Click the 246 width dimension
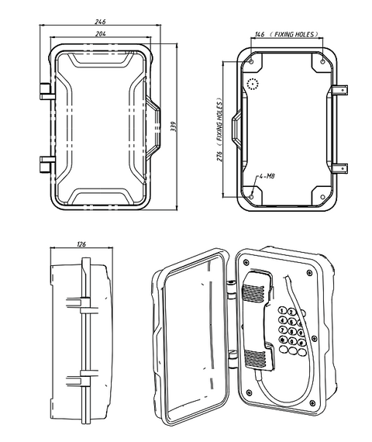pyautogui.click(x=100, y=22)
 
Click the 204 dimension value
pyautogui.click(x=101, y=33)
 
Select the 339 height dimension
pyautogui.click(x=173, y=126)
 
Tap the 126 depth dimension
pyautogui.click(x=81, y=244)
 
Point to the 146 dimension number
pyautogui.click(x=260, y=34)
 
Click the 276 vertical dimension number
pyautogui.click(x=219, y=157)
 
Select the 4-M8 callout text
pyautogui.click(x=267, y=176)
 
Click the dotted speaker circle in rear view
pyautogui.click(x=253, y=84)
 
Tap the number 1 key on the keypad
pyautogui.click(x=282, y=311)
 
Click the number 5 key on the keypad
pyautogui.click(x=292, y=322)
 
